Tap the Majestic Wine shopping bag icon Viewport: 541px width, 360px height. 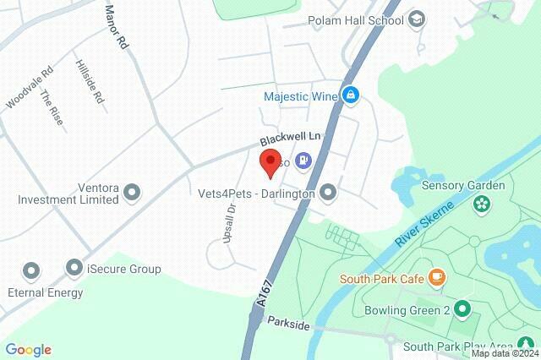(x=349, y=95)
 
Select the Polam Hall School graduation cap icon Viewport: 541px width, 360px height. (x=417, y=19)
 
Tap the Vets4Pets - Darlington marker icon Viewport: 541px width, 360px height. (x=328, y=194)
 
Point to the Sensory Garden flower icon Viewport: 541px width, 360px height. (x=482, y=203)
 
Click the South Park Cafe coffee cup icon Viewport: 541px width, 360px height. (x=436, y=276)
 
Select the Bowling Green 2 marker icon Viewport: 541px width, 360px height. (x=462, y=308)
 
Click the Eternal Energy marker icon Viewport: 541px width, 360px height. (x=31, y=271)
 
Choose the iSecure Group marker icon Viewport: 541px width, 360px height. (x=74, y=270)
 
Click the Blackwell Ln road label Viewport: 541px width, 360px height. (x=291, y=137)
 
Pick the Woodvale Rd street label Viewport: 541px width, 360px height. (x=29, y=88)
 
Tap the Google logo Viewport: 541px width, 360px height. (x=28, y=350)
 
